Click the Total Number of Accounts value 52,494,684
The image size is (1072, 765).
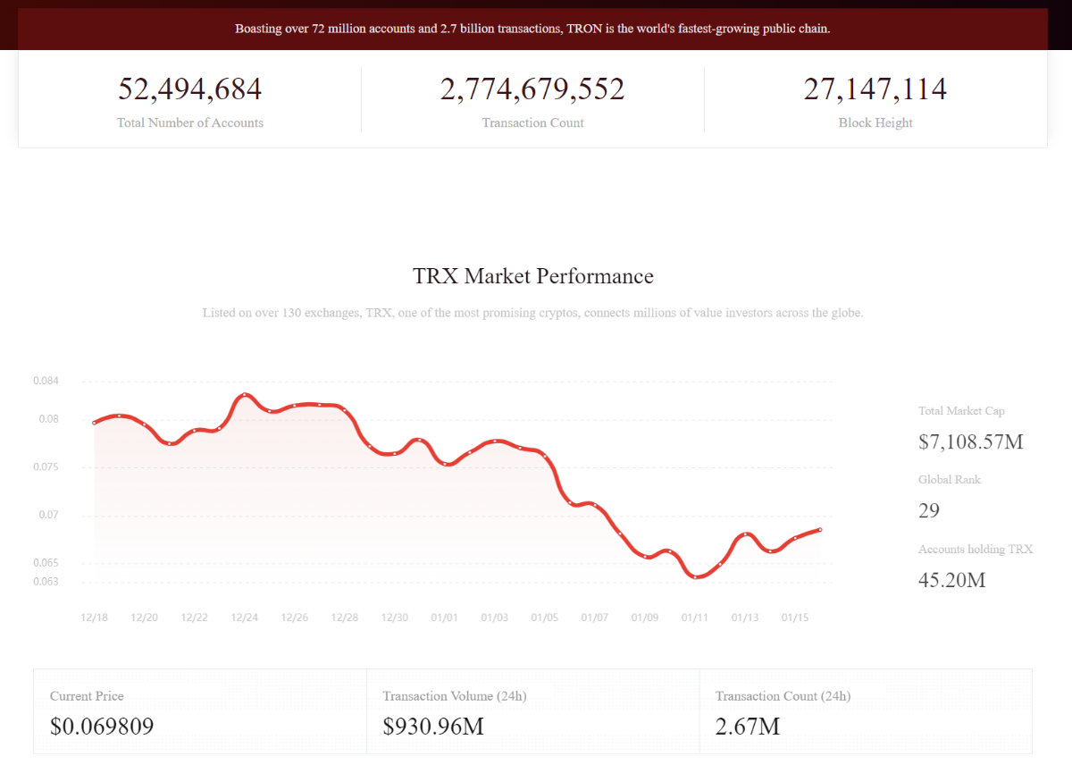point(189,90)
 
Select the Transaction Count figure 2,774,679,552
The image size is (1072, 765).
point(532,90)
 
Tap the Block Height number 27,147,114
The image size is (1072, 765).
point(875,90)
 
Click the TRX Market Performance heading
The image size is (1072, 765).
point(533,276)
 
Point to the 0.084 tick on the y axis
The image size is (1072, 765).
point(46,381)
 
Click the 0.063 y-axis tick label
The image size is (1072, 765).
point(46,582)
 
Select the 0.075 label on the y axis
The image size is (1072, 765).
point(46,467)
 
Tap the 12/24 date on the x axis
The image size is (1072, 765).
point(245,618)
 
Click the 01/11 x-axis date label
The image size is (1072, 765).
point(695,618)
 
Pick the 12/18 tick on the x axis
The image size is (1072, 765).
point(94,618)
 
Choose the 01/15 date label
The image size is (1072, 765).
point(795,618)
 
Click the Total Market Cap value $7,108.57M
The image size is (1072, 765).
point(970,441)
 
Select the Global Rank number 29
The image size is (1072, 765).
point(929,510)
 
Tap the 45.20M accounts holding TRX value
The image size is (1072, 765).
point(952,580)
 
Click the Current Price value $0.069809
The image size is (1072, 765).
point(102,727)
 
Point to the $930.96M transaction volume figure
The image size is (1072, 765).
point(433,727)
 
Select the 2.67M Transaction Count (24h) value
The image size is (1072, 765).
point(748,727)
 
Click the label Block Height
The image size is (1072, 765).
point(875,123)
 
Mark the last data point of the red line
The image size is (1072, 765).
point(820,530)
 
